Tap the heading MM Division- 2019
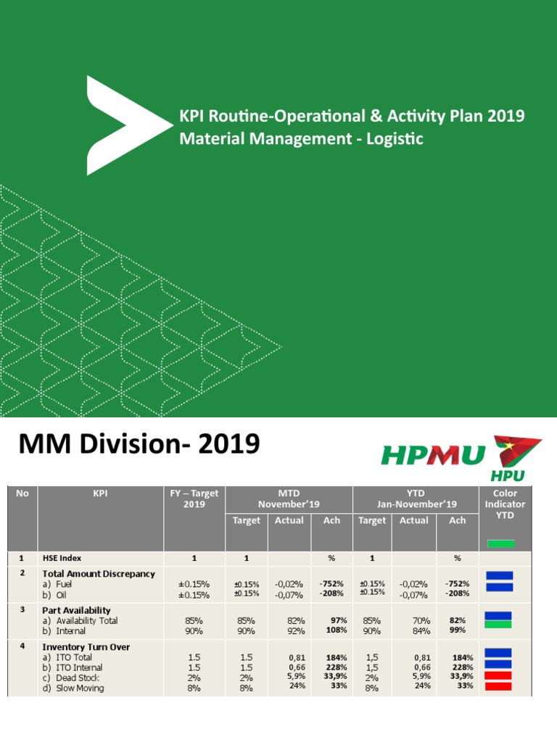[x=135, y=443]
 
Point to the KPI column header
[x=100, y=493]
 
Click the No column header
[x=22, y=493]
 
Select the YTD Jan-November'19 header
[x=415, y=499]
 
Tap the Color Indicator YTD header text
[x=500, y=504]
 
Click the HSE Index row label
[x=62, y=558]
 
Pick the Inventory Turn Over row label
[x=86, y=647]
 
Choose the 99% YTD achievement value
[x=458, y=631]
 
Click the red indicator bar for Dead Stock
[x=498, y=675]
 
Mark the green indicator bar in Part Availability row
[x=498, y=624]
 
